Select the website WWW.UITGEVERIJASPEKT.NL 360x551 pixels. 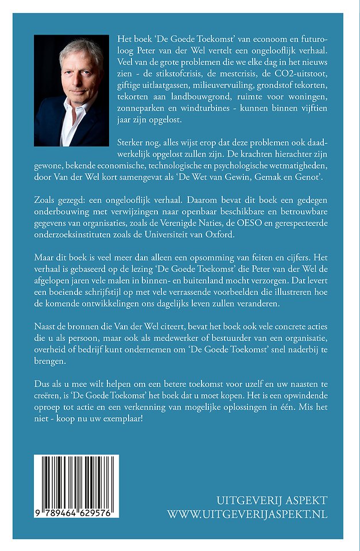pyautogui.click(x=247, y=514)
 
